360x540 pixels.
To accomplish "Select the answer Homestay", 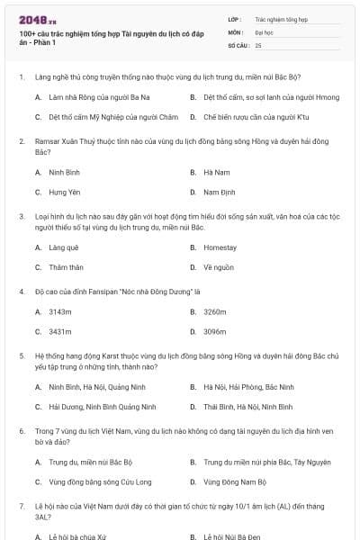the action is [220, 247].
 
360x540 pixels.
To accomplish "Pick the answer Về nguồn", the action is [219, 267].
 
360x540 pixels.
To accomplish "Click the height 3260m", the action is [215, 311].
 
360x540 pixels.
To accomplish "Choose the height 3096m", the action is [215, 332].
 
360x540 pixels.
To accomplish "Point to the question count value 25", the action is [258, 44].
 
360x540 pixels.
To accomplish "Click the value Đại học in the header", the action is [264, 31].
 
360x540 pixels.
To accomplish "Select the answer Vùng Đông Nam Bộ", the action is [233, 482].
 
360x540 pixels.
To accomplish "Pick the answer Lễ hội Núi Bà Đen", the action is [232, 536].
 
